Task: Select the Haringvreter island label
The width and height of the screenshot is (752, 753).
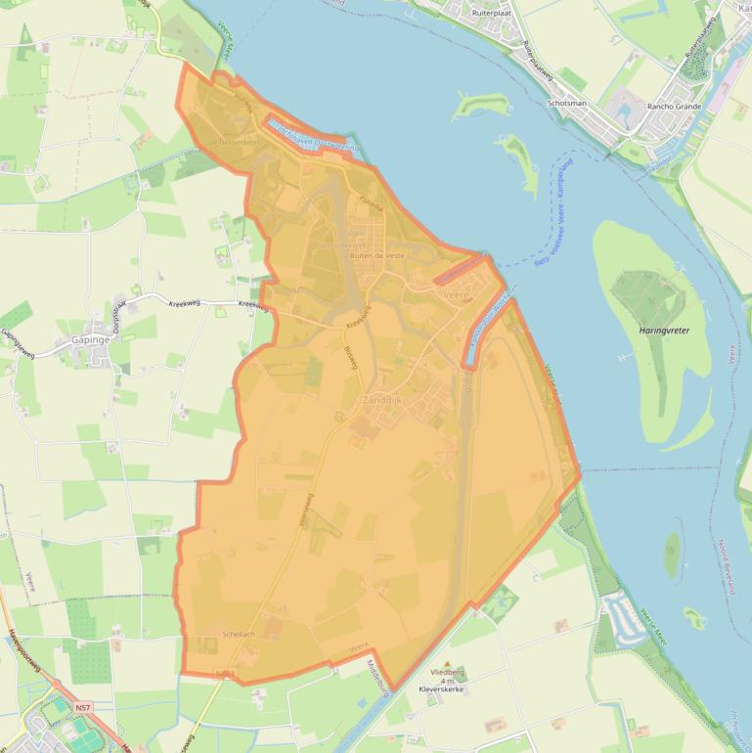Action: coord(664,331)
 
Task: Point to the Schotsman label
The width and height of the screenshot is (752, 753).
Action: coord(567,103)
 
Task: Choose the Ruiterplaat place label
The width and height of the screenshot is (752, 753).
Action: coord(492,14)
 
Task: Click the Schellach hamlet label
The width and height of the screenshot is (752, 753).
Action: coord(239,635)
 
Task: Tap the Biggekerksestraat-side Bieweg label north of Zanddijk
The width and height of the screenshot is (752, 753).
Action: coord(351,359)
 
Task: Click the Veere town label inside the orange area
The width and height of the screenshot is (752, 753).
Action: coord(457,293)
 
